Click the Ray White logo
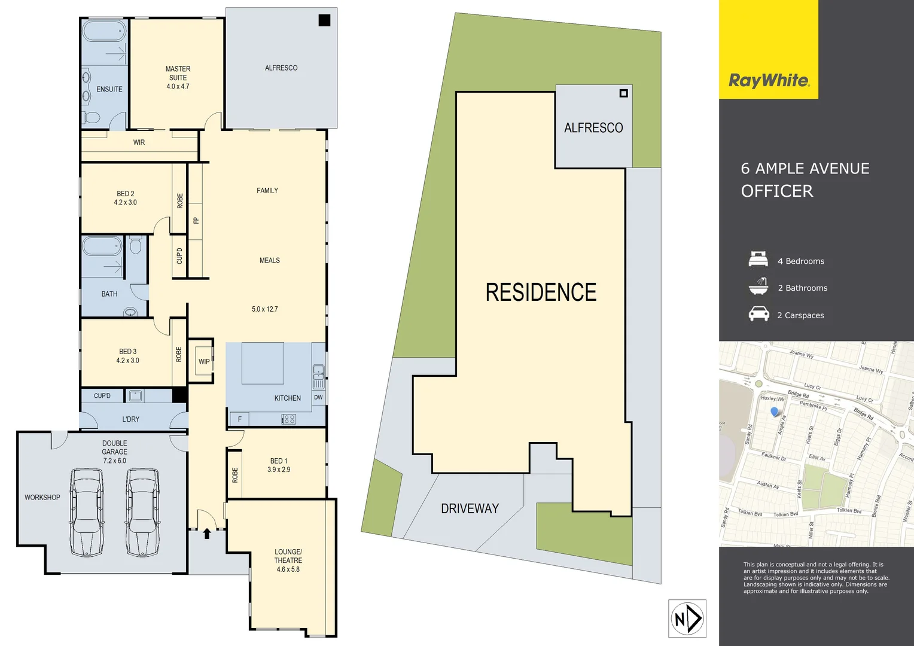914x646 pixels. [769, 80]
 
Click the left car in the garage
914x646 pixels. [87, 511]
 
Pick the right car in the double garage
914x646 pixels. [142, 511]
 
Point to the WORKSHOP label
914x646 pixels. [42, 497]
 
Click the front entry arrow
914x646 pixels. [207, 534]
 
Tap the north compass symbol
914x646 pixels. [687, 618]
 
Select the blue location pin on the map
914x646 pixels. [775, 412]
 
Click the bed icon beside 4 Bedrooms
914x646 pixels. [758, 260]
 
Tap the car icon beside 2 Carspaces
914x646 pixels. [758, 313]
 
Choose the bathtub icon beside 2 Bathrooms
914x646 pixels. [758, 287]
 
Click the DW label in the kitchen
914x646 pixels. [318, 397]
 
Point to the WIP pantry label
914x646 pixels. [204, 361]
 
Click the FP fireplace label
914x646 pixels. [196, 220]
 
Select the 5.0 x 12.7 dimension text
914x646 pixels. [265, 309]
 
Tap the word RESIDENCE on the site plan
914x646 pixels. [541, 292]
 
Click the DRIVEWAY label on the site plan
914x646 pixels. [470, 508]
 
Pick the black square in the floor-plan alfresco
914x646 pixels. [324, 20]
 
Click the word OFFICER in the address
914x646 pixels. [777, 191]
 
